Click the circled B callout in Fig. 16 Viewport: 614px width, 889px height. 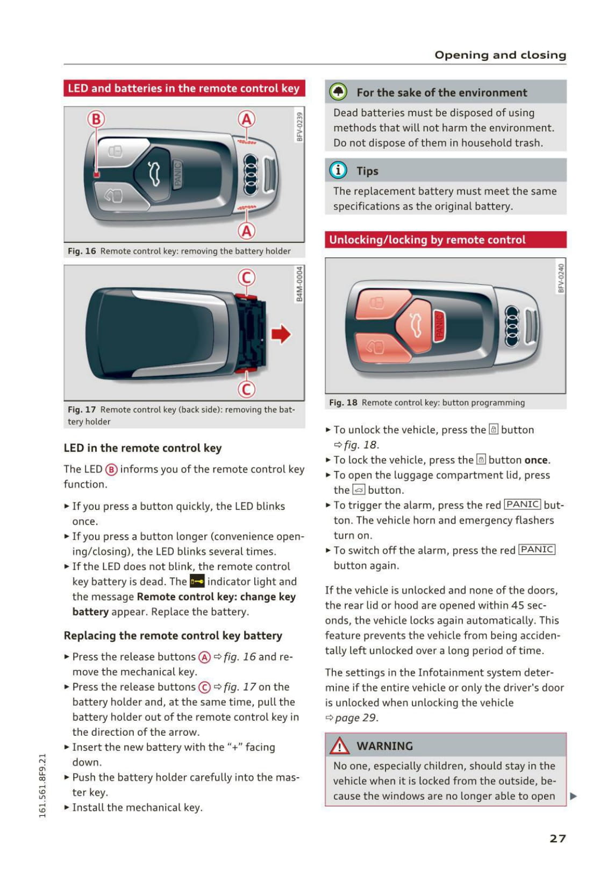[x=96, y=119]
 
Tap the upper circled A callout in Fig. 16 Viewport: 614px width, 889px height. [x=246, y=119]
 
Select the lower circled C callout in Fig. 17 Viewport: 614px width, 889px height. [x=246, y=389]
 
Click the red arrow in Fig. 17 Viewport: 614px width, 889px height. [x=281, y=334]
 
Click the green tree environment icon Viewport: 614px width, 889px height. [x=338, y=92]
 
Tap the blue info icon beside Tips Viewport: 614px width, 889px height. [x=338, y=170]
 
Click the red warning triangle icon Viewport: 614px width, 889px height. [x=340, y=746]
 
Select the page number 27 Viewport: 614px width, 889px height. [x=558, y=838]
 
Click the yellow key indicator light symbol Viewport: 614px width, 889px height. [x=197, y=582]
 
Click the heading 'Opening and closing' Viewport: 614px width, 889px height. [x=500, y=55]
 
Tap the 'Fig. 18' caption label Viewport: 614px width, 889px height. [x=343, y=403]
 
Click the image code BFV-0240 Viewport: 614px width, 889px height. [x=561, y=278]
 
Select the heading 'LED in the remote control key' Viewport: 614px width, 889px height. [x=142, y=448]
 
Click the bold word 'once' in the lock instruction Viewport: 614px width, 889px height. [x=536, y=460]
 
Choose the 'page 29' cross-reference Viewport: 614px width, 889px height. [x=355, y=718]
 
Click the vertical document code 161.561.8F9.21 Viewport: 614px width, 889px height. [x=42, y=785]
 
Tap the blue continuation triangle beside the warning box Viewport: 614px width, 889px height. [x=573, y=796]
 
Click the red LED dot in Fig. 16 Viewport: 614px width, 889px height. [x=96, y=174]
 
